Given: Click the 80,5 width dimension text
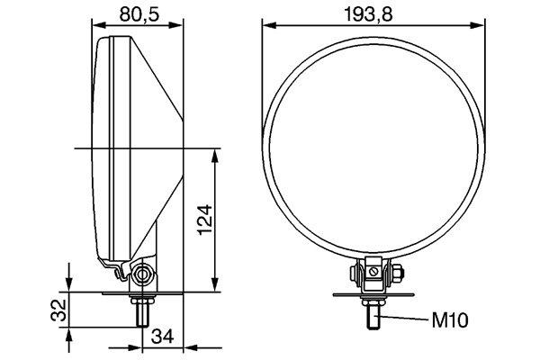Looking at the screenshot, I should click(x=139, y=13).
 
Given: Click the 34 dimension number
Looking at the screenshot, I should click(x=162, y=337).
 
